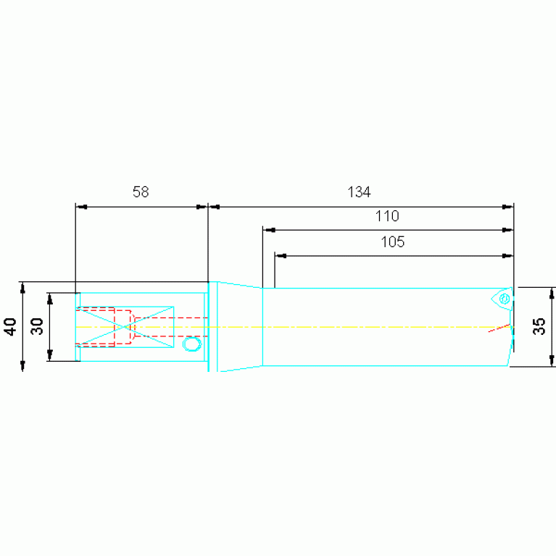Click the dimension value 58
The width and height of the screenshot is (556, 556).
[141, 192]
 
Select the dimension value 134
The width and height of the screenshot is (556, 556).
[359, 192]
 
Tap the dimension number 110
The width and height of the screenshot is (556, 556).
[387, 216]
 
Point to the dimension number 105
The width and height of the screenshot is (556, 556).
[392, 242]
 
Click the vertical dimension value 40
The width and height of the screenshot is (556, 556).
[10, 327]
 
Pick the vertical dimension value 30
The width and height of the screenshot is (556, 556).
[37, 327]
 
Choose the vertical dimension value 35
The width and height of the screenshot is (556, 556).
[539, 326]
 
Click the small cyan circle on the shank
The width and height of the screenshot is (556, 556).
[192, 344]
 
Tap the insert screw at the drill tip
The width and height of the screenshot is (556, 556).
[505, 299]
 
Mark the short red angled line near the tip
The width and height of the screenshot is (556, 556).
[499, 328]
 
